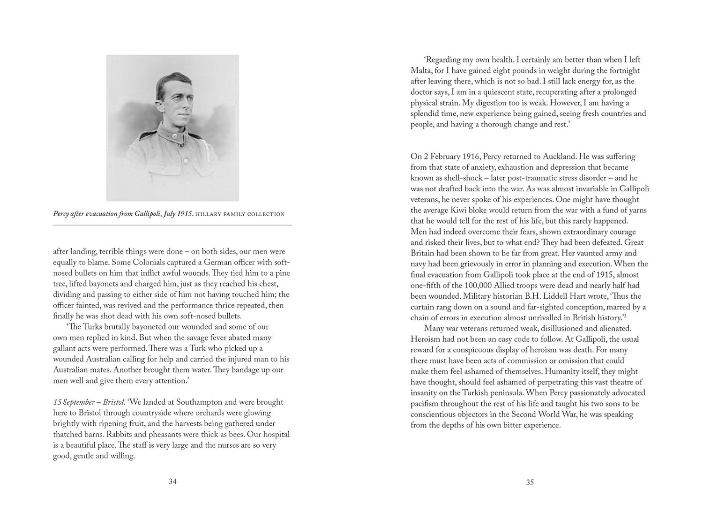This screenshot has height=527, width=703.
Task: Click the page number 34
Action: tap(172, 482)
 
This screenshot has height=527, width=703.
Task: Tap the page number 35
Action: tap(530, 482)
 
